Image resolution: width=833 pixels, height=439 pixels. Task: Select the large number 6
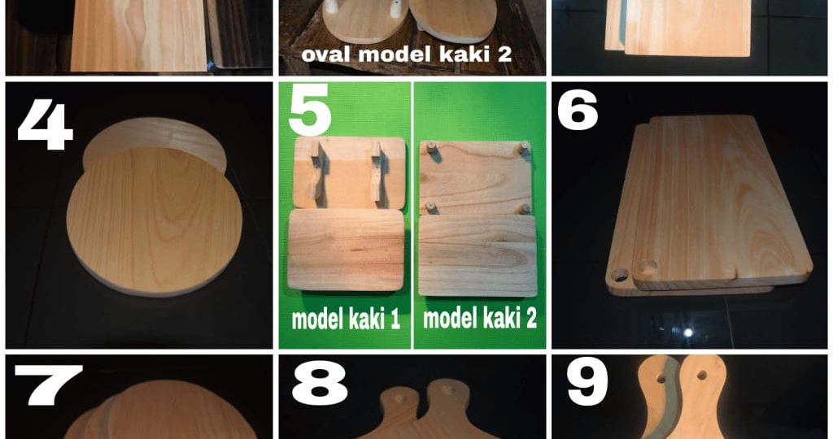point(577,113)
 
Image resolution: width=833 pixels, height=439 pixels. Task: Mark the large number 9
point(587,385)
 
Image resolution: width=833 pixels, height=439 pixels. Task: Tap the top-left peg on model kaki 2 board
point(432,149)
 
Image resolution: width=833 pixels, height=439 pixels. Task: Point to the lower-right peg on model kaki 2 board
point(525,209)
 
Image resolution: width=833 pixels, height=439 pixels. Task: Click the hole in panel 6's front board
point(648,266)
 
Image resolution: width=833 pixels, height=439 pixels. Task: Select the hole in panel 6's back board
point(619,276)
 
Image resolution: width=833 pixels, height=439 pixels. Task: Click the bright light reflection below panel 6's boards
point(689,333)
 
